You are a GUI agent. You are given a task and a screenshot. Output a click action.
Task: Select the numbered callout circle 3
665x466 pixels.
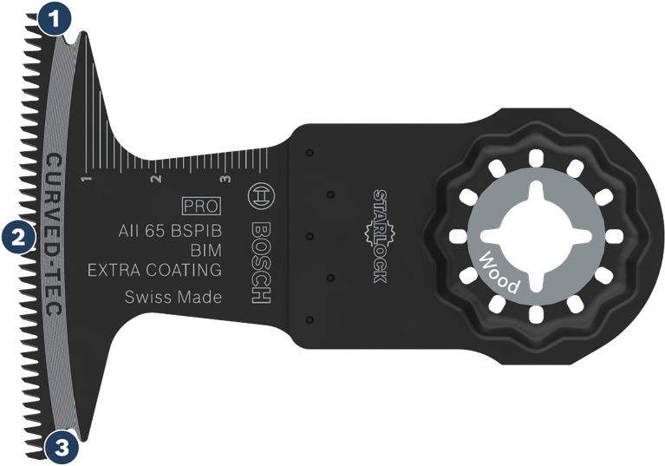tap(60, 447)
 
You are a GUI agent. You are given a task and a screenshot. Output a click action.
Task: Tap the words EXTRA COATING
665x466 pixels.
tap(155, 270)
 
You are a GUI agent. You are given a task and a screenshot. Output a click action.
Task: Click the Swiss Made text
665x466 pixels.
tap(173, 298)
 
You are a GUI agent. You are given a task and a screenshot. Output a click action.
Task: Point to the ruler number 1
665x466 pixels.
tap(86, 180)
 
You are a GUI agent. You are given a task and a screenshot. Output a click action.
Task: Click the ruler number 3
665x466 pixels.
tap(225, 180)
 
